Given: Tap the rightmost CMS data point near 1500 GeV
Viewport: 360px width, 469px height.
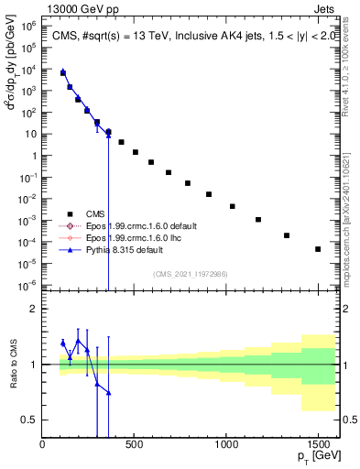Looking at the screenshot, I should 318,249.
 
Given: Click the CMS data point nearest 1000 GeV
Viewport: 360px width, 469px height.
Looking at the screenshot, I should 232,207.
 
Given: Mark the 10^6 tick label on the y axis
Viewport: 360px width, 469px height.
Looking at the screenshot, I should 27,27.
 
